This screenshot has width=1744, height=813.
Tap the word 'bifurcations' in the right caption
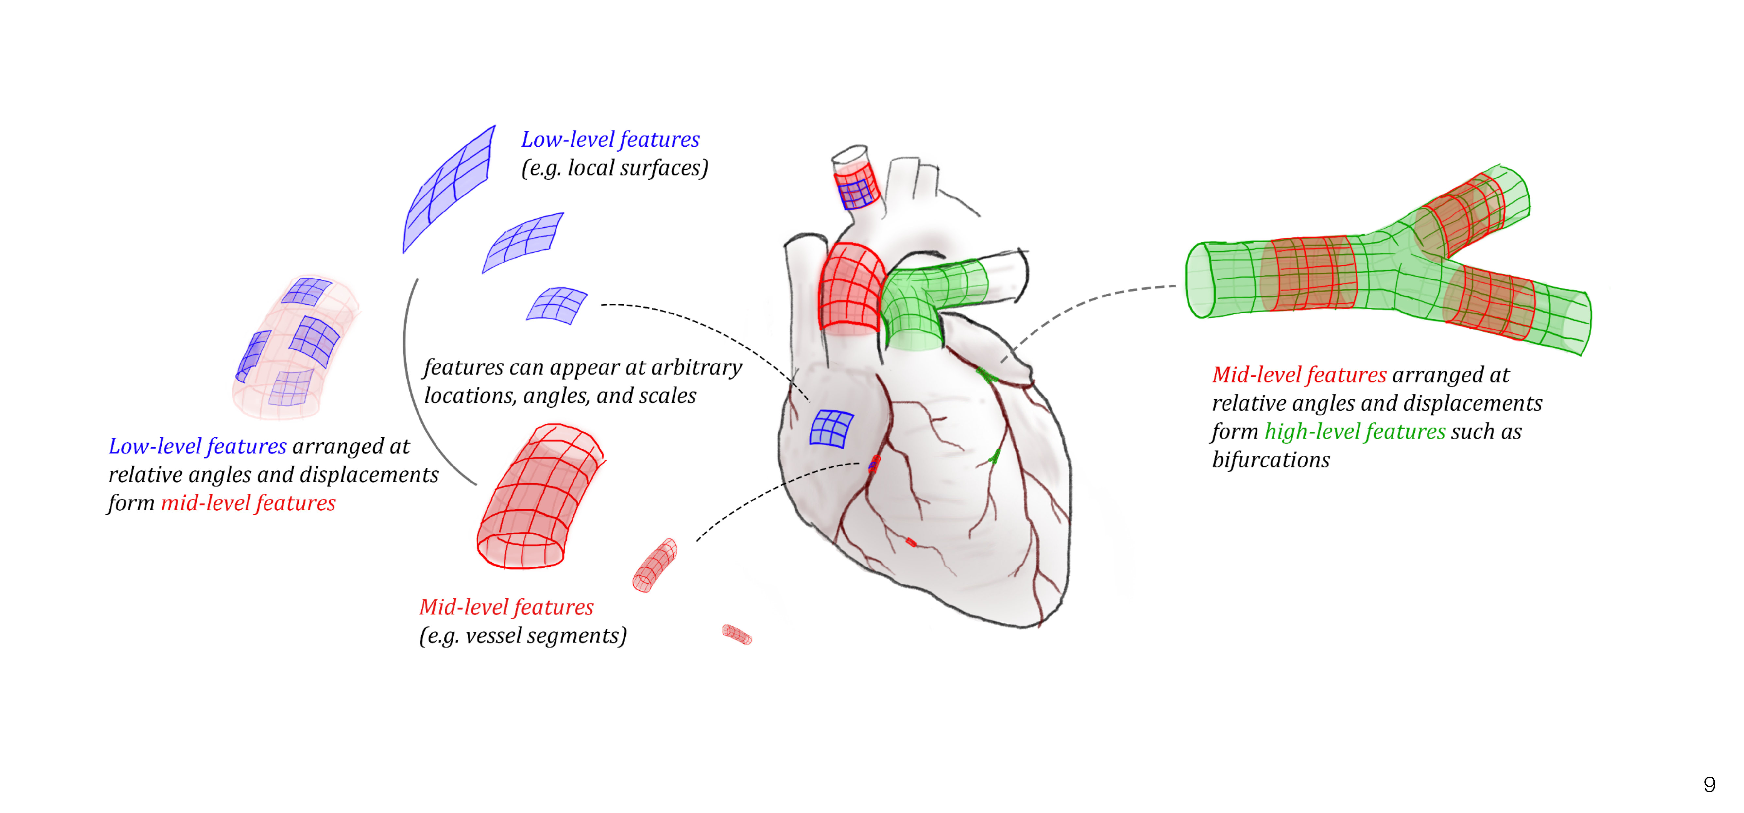(x=1271, y=460)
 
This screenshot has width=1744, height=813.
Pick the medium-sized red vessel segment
(x=655, y=565)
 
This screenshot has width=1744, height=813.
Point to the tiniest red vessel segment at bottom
(x=737, y=634)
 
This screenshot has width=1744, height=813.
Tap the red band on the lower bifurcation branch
(x=1489, y=303)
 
